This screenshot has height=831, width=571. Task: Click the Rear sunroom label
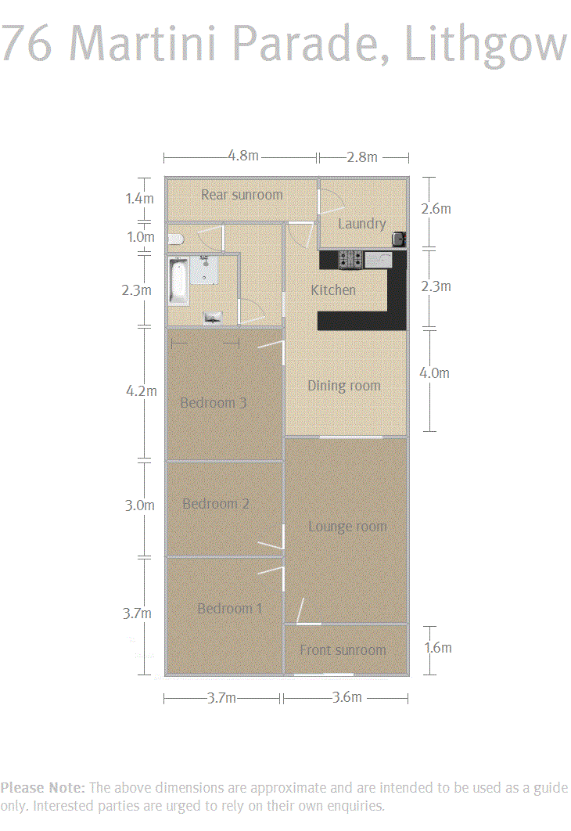[x=242, y=195]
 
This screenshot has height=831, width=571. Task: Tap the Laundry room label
[x=362, y=224]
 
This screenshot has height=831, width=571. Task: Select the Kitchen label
[x=333, y=290]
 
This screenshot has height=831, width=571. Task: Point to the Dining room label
[x=343, y=386]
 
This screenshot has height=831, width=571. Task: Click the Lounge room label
[x=347, y=527]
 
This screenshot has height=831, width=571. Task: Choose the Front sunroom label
[x=343, y=649]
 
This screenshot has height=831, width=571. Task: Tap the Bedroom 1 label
[x=229, y=609]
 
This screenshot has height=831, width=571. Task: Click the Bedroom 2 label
[x=216, y=503]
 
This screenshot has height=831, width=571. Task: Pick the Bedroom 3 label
[x=213, y=403]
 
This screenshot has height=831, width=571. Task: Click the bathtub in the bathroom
[x=179, y=281]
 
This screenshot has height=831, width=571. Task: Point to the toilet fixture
[x=177, y=239]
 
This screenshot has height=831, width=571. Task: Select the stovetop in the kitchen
[x=350, y=259]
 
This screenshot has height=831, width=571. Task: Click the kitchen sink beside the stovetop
[x=379, y=260]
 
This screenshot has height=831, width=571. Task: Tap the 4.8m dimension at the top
[x=243, y=155]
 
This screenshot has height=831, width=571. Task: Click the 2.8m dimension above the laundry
[x=362, y=156]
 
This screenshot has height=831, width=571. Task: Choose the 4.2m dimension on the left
[x=142, y=391]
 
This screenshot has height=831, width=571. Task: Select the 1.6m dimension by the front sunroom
[x=437, y=648]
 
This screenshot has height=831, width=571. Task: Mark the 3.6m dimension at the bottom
[x=347, y=697]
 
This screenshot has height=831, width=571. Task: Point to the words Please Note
[x=43, y=787]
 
